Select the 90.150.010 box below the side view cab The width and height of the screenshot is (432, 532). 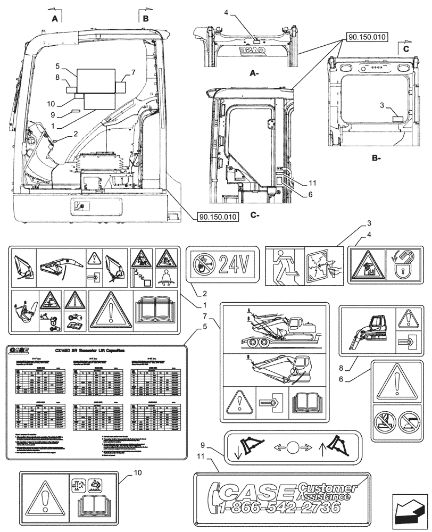coord(217,217)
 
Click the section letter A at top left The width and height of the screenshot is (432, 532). coord(54,19)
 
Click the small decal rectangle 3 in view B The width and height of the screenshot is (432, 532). coord(398,118)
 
